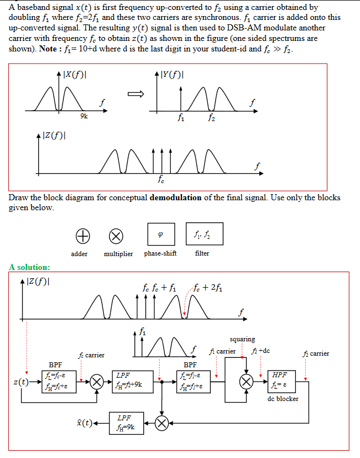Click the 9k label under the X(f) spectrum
point(83,116)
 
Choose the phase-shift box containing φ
point(161,234)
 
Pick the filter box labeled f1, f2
point(209,234)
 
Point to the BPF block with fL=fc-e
point(55,382)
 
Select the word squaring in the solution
point(242,339)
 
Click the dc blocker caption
point(283,399)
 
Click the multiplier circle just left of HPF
point(247,382)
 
